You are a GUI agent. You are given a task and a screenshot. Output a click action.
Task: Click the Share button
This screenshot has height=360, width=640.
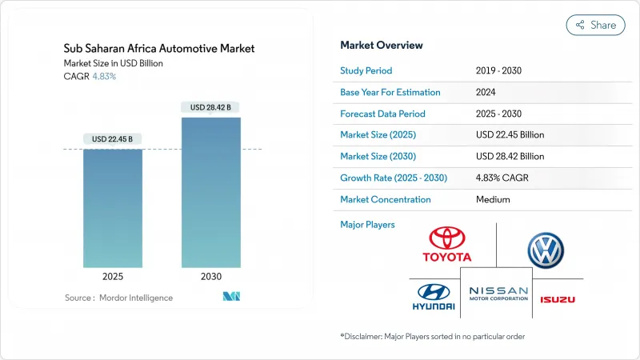pyautogui.click(x=595, y=25)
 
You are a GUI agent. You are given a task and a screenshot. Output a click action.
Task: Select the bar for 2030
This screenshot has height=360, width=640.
pyautogui.click(x=210, y=192)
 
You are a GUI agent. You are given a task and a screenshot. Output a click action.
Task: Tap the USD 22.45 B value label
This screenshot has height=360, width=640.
pyautogui.click(x=113, y=139)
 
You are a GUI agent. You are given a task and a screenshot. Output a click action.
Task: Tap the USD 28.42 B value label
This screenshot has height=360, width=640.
pyautogui.click(x=210, y=107)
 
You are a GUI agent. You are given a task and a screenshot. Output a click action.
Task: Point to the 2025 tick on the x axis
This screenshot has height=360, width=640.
pyautogui.click(x=113, y=276)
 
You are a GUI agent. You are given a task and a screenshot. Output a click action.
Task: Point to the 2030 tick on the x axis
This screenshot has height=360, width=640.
pyautogui.click(x=210, y=276)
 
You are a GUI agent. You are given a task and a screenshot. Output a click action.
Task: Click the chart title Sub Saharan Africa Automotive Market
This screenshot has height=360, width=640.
pyautogui.click(x=158, y=49)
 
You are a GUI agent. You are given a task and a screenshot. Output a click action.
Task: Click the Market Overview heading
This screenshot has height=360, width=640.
pyautogui.click(x=382, y=46)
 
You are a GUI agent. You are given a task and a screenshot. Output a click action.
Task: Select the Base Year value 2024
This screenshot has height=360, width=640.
pyautogui.click(x=486, y=93)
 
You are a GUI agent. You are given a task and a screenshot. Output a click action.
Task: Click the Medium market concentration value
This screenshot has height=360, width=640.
pyautogui.click(x=492, y=200)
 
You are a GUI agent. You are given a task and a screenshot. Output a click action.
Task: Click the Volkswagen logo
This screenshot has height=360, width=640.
pyautogui.click(x=546, y=250)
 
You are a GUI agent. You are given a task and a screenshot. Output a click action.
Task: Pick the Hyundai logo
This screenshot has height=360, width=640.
pyautogui.click(x=434, y=297)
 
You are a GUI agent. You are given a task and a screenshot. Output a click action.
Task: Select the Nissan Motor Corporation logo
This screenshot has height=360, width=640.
pyautogui.click(x=498, y=293)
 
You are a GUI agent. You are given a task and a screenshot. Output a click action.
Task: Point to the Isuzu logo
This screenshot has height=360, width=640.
pyautogui.click(x=557, y=299)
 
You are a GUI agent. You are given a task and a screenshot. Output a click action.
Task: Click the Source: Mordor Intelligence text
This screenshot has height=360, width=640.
pyautogui.click(x=118, y=298)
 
